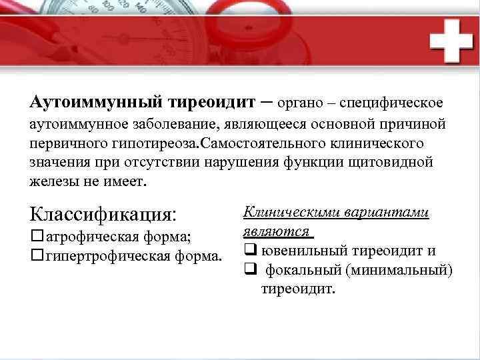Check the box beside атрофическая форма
click(37, 237)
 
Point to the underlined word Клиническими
click(290, 212)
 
